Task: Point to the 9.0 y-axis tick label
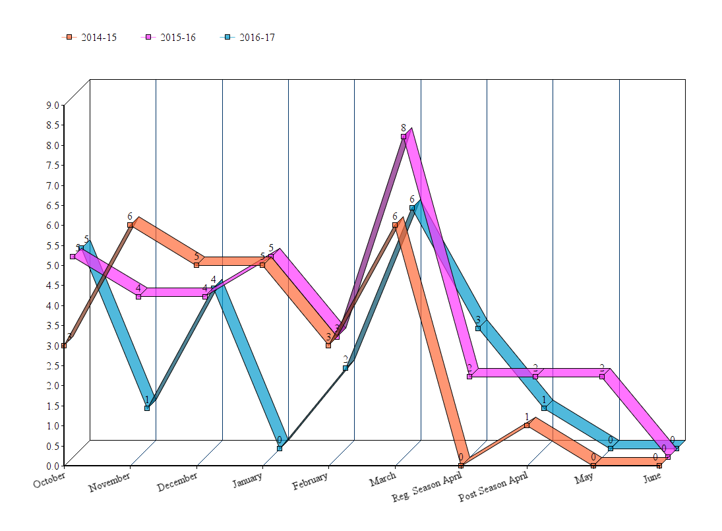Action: click(x=52, y=105)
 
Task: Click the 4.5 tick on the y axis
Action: click(x=52, y=286)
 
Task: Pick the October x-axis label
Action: click(x=49, y=476)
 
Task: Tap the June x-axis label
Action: click(x=652, y=477)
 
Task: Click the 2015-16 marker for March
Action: click(x=404, y=137)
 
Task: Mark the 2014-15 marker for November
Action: click(x=130, y=225)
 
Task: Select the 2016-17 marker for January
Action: click(x=280, y=449)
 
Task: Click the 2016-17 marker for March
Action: click(x=412, y=208)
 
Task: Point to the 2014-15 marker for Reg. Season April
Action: click(x=461, y=466)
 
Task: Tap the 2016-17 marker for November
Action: click(x=147, y=408)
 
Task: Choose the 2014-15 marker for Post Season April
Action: click(x=527, y=425)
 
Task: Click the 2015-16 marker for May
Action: click(x=602, y=377)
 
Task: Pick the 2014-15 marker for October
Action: click(x=64, y=346)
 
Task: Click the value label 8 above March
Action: click(x=403, y=127)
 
